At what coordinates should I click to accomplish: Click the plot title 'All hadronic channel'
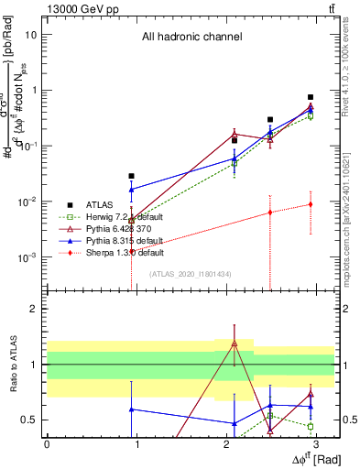pyautogui.click(x=191, y=38)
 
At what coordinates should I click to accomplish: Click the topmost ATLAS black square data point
pyautogui.click(x=311, y=97)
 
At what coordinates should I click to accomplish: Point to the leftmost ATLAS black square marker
pyautogui.click(x=132, y=176)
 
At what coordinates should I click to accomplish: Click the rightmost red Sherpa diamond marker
pyautogui.click(x=311, y=204)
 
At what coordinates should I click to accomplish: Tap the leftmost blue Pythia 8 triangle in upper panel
pyautogui.click(x=132, y=190)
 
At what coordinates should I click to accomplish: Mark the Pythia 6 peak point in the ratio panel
pyautogui.click(x=235, y=344)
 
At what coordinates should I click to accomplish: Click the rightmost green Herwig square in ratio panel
pyautogui.click(x=311, y=426)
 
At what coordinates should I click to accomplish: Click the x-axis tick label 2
pyautogui.click(x=225, y=443)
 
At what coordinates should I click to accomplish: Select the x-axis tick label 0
pyautogui.click(x=47, y=443)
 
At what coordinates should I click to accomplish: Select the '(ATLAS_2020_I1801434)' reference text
pyautogui.click(x=191, y=274)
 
